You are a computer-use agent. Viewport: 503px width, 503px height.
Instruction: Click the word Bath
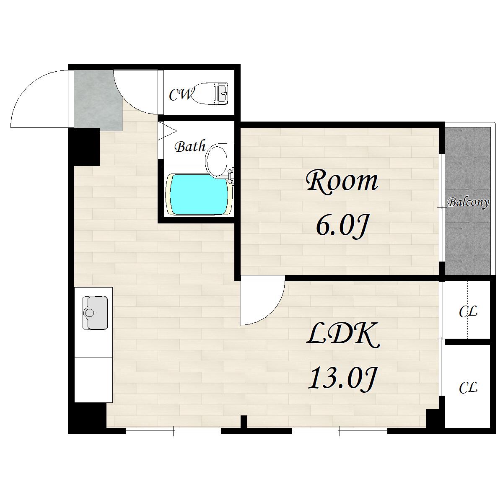coord(190,147)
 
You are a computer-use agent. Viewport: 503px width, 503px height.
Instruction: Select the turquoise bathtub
coord(199,194)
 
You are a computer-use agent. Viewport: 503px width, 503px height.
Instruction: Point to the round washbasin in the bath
coord(216,160)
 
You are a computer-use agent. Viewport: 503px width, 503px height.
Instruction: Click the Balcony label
coord(468,203)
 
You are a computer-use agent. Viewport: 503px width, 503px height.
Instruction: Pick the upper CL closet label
coord(468,311)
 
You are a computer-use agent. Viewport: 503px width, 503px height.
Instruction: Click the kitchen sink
coord(95,313)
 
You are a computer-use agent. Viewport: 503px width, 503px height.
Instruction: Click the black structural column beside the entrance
coord(84,147)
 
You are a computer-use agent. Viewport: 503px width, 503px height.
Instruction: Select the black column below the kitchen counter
coord(88,417)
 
